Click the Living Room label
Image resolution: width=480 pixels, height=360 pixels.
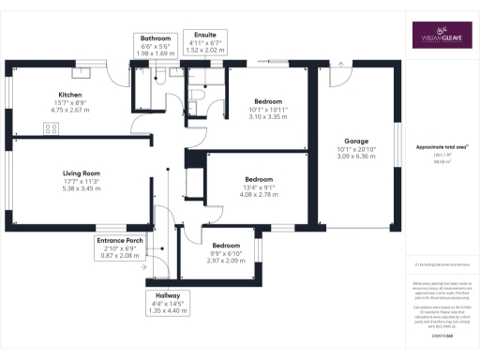tap(82, 173)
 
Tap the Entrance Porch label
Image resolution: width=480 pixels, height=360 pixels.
tap(121, 241)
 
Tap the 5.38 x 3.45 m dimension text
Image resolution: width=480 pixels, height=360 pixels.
tap(82, 188)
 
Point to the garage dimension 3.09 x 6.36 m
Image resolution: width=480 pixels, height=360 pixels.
tap(354, 157)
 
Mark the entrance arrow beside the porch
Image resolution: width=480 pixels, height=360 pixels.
tap(142, 266)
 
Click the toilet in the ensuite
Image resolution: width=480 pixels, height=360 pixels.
tap(198, 95)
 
